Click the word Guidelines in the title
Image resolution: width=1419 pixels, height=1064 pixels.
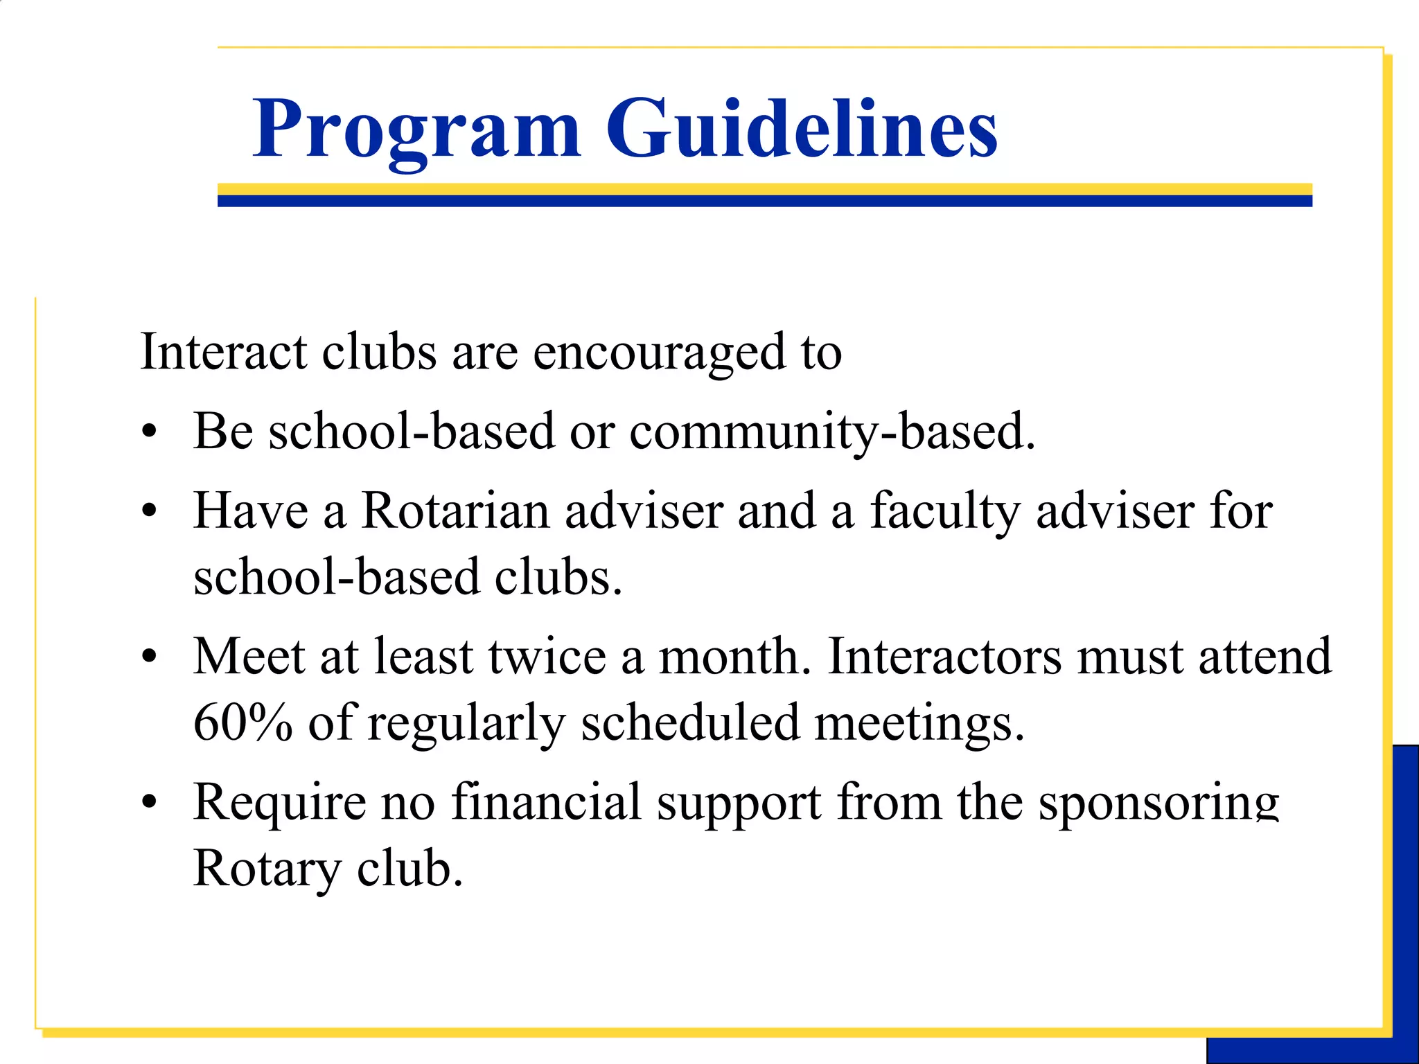point(802,129)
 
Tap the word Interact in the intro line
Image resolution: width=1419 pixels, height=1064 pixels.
point(223,352)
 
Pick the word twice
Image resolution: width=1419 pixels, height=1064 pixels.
point(547,656)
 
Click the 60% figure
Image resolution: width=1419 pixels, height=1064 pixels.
point(243,722)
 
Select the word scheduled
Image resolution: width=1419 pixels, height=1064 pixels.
point(689,722)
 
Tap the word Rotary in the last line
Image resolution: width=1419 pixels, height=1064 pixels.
point(267,869)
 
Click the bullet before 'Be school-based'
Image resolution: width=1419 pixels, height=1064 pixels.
point(149,433)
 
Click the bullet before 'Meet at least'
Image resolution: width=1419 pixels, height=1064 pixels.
point(149,657)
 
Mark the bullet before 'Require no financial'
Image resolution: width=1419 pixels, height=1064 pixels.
point(149,803)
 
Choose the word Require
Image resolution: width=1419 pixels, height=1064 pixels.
point(279,803)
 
